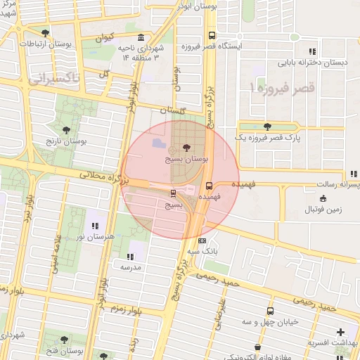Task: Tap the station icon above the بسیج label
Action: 173,193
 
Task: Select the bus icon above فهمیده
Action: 209,186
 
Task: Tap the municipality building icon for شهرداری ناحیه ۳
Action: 142,37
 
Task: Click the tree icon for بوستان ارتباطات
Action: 46,33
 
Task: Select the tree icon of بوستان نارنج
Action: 66,130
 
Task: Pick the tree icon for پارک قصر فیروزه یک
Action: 267,127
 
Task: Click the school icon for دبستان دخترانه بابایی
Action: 312,51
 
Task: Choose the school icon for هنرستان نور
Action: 94,226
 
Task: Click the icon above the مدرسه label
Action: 130,257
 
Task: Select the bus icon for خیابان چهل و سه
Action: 270,311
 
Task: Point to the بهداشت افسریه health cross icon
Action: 341,332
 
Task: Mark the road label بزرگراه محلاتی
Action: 102,176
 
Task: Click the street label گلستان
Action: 173,110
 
